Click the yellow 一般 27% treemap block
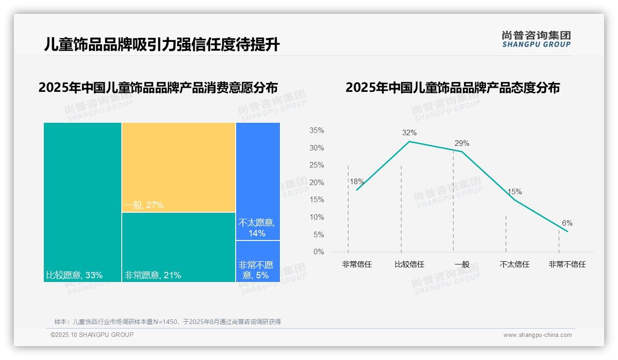[x=178, y=167]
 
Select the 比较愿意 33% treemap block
[x=83, y=202]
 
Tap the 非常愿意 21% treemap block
[x=178, y=247]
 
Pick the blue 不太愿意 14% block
[x=258, y=181]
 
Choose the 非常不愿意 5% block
[x=258, y=261]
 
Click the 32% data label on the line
[x=409, y=133]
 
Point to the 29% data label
[x=462, y=143]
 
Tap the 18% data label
[x=357, y=181]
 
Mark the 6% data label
[x=567, y=223]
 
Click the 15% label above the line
[x=514, y=192]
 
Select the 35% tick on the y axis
[x=316, y=131]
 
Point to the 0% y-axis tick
[x=319, y=252]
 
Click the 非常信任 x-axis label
[x=357, y=265]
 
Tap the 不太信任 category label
[x=514, y=265]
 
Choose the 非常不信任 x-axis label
[x=567, y=265]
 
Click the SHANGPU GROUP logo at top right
[x=536, y=39]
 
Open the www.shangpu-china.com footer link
[x=537, y=335]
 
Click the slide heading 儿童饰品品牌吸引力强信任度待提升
[x=162, y=45]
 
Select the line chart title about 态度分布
[x=452, y=88]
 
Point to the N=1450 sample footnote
[x=167, y=322]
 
